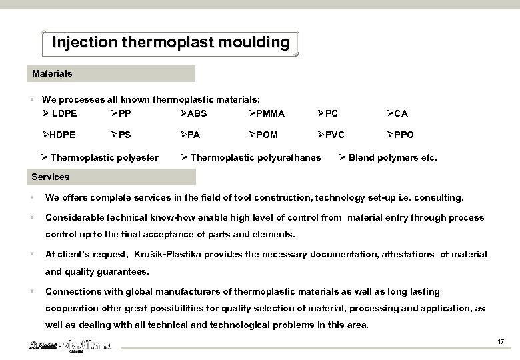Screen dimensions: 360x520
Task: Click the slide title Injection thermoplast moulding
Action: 171,43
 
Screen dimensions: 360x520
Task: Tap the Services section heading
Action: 51,177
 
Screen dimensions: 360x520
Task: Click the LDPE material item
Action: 64,113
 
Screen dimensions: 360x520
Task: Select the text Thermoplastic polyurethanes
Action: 255,158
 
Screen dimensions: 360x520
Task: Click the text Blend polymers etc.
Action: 393,158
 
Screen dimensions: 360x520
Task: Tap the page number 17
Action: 499,342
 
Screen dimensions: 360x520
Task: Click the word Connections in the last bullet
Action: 71,291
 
